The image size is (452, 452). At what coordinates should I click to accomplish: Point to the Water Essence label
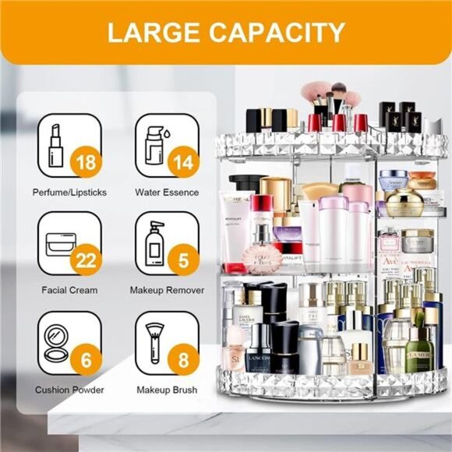click(166, 192)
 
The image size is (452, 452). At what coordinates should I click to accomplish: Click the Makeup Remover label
click(166, 290)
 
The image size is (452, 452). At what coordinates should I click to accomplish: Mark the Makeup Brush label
click(166, 389)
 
